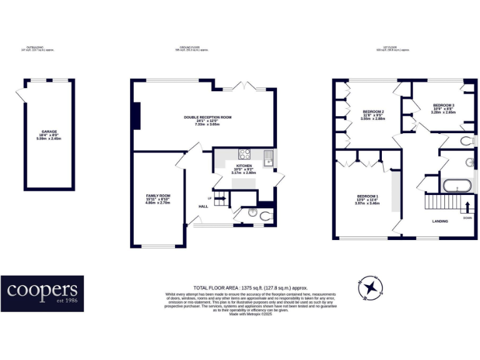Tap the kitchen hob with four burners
coord(244,154)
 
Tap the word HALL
coord(203,206)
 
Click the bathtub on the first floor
coord(456,186)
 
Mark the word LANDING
coord(441,221)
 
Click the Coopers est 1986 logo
coord(42,293)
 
